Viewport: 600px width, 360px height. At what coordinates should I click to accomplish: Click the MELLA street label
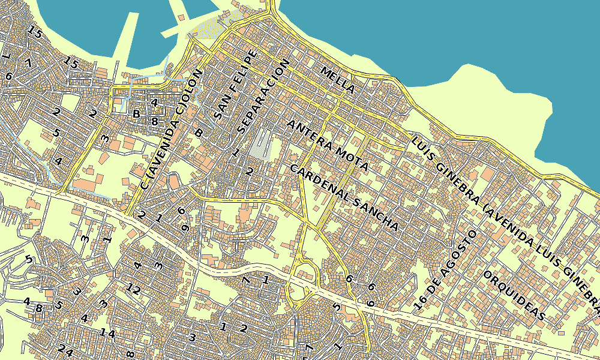pyautogui.click(x=338, y=79)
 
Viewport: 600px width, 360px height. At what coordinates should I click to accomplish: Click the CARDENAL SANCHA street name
pyautogui.click(x=344, y=197)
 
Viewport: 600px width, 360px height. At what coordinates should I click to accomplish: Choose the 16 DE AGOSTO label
pyautogui.click(x=445, y=269)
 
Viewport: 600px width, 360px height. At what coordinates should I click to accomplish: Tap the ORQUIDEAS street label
pyautogui.click(x=514, y=295)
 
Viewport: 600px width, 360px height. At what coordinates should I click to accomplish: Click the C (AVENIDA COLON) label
pyautogui.click(x=171, y=130)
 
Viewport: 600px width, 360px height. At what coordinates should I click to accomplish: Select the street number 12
pyautogui.click(x=134, y=290)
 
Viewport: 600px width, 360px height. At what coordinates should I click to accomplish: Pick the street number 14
pyautogui.click(x=107, y=332)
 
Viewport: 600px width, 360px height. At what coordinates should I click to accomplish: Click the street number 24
pyautogui.click(x=65, y=350)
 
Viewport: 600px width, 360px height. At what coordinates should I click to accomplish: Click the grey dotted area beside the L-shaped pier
pyautogui.click(x=210, y=27)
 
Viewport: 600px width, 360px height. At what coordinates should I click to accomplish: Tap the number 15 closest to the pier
pyautogui.click(x=71, y=62)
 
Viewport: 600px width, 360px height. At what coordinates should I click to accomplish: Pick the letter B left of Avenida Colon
pyautogui.click(x=136, y=114)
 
